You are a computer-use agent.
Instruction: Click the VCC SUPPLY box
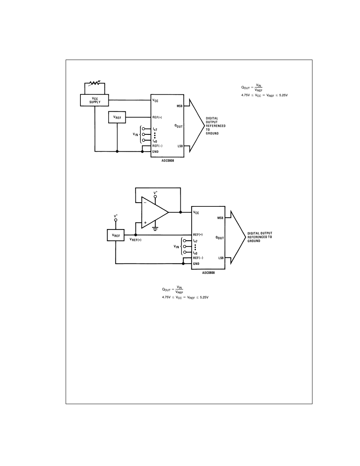tap(95, 100)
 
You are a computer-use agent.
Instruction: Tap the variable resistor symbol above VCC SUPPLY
tap(94, 83)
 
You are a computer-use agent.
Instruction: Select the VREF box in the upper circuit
tap(117, 117)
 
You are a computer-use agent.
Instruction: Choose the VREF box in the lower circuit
tap(116, 236)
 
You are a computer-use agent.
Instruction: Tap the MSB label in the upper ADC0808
tap(180, 106)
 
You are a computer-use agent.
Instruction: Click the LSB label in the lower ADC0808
tap(221, 258)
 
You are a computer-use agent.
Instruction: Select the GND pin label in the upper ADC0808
tap(155, 152)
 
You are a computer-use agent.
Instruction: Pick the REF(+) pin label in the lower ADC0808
tap(198, 235)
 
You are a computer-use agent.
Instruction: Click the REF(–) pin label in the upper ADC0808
tap(157, 146)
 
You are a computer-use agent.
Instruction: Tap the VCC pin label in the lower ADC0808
tap(196, 213)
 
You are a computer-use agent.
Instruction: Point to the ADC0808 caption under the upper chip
tap(168, 160)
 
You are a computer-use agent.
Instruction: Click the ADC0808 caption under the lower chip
tap(208, 273)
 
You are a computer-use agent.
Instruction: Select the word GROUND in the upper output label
tap(212, 134)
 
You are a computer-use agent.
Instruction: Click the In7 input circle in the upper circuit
tap(144, 129)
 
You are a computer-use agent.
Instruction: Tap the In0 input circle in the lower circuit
tap(185, 252)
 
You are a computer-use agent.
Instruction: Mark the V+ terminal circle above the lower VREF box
tap(116, 220)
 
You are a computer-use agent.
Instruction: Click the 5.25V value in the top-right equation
tap(283, 95)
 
